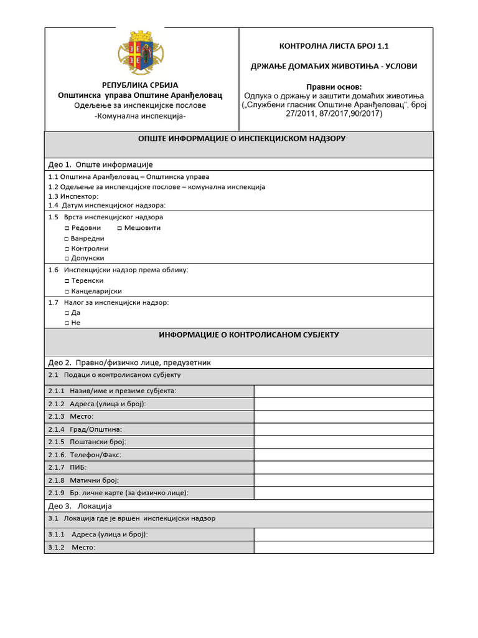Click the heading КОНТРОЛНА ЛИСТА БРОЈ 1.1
pyautogui.click(x=335, y=45)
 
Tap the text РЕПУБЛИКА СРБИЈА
pyautogui.click(x=140, y=85)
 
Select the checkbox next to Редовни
pyautogui.click(x=67, y=228)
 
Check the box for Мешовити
pyautogui.click(x=119, y=228)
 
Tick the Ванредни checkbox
pyautogui.click(x=67, y=239)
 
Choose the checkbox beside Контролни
pyautogui.click(x=67, y=249)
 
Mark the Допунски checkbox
pyautogui.click(x=67, y=258)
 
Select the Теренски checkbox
pyautogui.click(x=67, y=281)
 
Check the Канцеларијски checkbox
pyautogui.click(x=67, y=292)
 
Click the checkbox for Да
pyautogui.click(x=67, y=313)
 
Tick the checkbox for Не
pyautogui.click(x=67, y=323)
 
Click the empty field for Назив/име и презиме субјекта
pyautogui.click(x=343, y=391)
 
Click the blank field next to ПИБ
pyautogui.click(x=343, y=467)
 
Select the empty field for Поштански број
pyautogui.click(x=343, y=442)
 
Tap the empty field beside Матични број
pyautogui.click(x=343, y=480)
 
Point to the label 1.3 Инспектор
pyautogui.click(x=73, y=196)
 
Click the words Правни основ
pyautogui.click(x=335, y=87)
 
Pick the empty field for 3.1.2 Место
pyautogui.click(x=343, y=548)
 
